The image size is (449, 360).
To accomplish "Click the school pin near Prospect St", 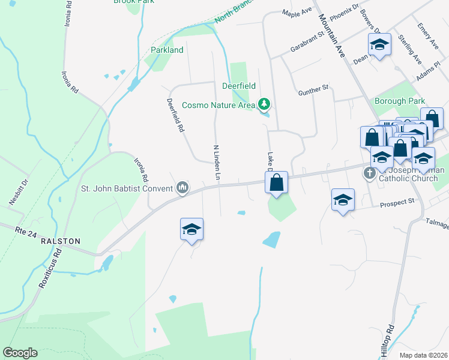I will coord(343,200).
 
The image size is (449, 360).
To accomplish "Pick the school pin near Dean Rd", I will coord(379,44).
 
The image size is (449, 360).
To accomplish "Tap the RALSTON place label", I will coord(59,241).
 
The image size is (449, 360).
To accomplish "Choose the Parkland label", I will coord(167,50).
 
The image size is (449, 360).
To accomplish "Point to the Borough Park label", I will coord(399,101).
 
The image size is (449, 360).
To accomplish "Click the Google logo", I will coord(20,353).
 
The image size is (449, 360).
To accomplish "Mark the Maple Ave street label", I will coord(297,12).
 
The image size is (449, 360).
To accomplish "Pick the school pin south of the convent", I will coord(191,229).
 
